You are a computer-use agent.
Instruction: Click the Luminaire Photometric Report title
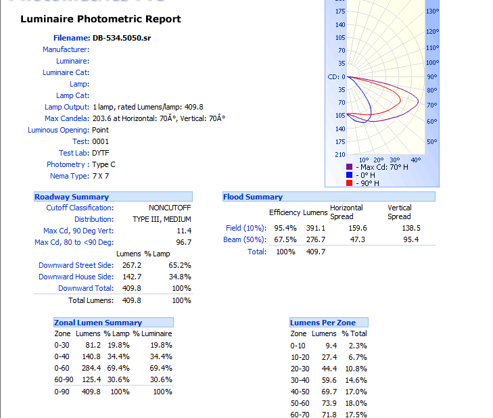pos(101,19)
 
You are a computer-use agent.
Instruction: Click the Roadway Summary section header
pos(72,197)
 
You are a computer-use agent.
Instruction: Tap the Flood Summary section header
pos(253,197)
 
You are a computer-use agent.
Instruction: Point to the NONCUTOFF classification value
pos(170,208)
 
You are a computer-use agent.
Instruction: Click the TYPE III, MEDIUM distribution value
pos(162,219)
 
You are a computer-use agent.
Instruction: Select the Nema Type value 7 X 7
pos(101,176)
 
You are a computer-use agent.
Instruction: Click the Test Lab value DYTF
pos(101,153)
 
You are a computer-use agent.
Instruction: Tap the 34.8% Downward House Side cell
pos(180,277)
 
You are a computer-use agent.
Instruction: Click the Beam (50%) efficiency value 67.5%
pos(285,239)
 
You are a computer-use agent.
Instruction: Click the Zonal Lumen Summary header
pos(99,323)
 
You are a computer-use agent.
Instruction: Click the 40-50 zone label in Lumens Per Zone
pos(298,392)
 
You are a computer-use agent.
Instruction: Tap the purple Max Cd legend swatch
pos(350,167)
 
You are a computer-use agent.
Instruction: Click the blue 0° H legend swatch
pos(350,175)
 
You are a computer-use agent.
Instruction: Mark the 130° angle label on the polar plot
pos(433,11)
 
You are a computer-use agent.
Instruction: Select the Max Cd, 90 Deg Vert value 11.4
pos(183,231)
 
